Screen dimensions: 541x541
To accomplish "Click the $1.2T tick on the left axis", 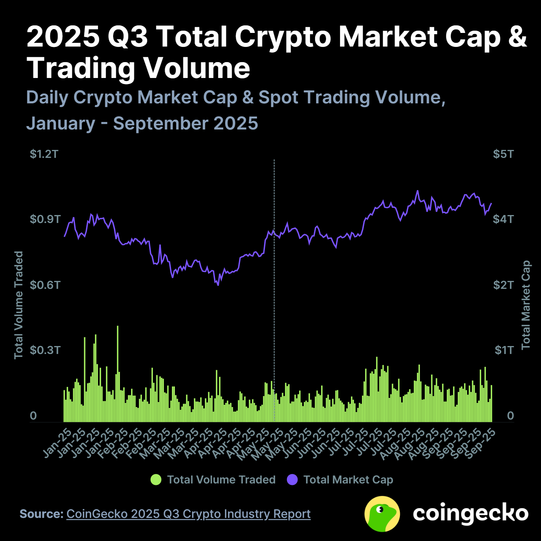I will pos(44,154).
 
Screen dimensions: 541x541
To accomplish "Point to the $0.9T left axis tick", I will pos(45,219).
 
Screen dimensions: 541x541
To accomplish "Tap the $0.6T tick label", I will pos(45,285).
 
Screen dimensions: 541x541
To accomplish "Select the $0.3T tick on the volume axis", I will pos(45,350).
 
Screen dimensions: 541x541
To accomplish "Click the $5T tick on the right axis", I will pos(503,154).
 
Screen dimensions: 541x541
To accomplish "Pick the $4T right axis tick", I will pos(503,219).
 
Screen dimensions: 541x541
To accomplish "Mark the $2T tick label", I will pos(503,285).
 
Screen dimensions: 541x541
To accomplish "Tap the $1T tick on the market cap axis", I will pos(504,350).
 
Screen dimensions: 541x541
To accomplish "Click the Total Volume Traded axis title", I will pos(19,305).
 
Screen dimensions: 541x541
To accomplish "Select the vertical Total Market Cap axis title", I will pos(526,305).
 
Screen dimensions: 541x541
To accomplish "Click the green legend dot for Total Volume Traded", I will pos(156,480).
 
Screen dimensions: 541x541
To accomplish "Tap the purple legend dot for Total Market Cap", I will pos(292,480).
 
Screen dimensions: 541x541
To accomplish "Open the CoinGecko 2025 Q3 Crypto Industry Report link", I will pos(188,514).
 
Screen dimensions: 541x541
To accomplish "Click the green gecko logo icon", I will pos(382,514).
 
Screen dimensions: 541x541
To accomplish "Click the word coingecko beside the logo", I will pos(470,513).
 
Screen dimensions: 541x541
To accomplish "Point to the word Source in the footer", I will pos(41,514).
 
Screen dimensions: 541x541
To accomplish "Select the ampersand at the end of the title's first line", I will pos(517,37).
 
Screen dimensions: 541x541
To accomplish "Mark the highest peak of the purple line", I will pos(418,191).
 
